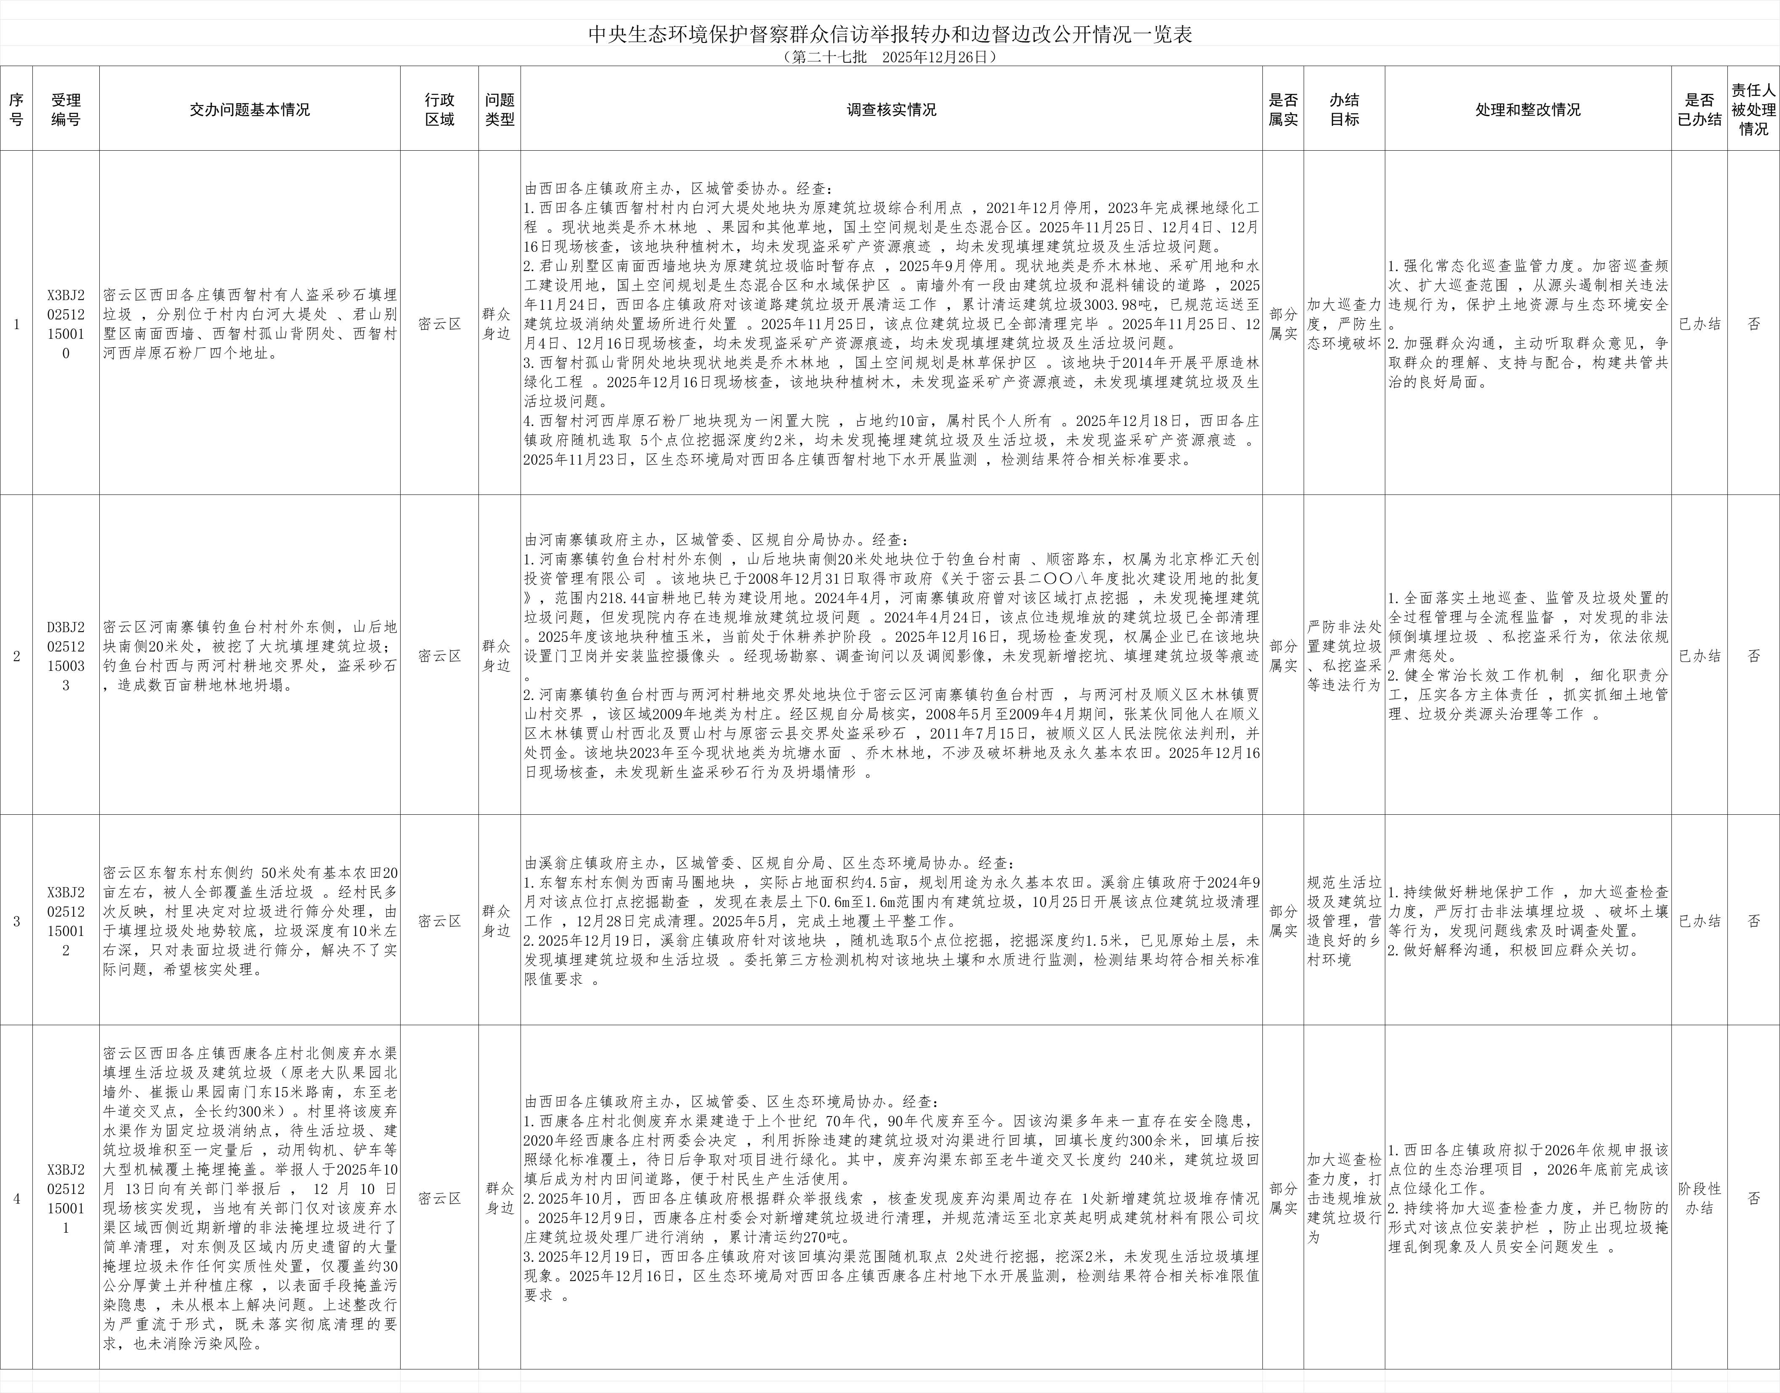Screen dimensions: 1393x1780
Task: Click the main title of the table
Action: (x=890, y=35)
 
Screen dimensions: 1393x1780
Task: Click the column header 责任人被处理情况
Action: (x=1753, y=109)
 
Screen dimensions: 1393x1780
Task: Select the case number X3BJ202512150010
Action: (x=66, y=324)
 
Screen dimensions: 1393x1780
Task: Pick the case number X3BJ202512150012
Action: (x=66, y=921)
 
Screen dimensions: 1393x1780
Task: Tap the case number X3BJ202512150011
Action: (x=66, y=1199)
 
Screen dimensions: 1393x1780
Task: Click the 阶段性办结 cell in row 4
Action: (x=1699, y=1199)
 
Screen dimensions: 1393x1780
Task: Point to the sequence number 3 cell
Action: (x=16, y=921)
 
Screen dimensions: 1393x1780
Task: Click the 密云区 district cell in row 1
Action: (x=439, y=324)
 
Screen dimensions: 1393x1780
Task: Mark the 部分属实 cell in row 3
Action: (x=1283, y=921)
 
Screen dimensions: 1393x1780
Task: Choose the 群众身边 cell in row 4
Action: (x=499, y=1199)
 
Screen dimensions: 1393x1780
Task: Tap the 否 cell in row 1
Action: (x=1753, y=324)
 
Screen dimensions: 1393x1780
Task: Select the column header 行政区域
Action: (x=439, y=109)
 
